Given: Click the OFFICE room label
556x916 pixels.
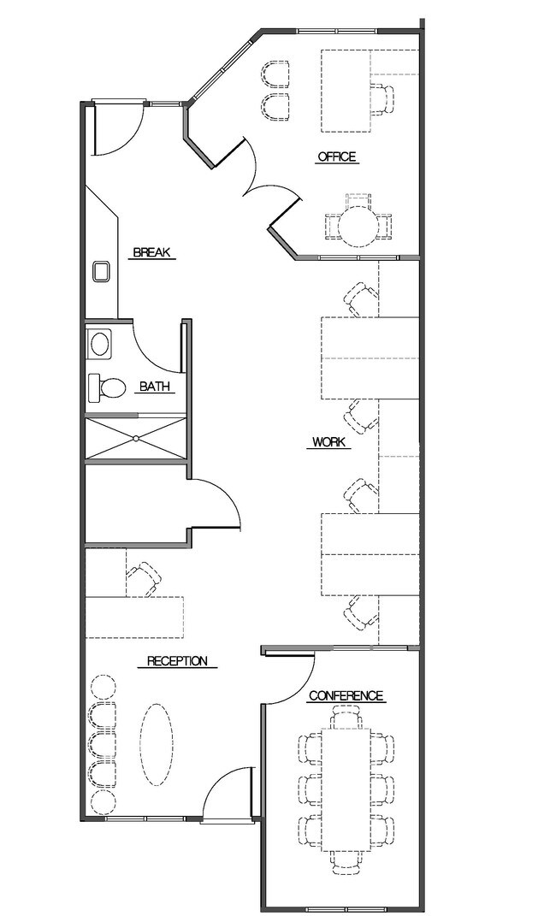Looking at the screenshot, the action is [336, 157].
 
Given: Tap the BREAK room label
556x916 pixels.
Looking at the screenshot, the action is [151, 252].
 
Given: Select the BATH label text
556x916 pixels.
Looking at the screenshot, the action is [155, 386].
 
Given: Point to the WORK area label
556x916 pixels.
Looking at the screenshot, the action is [328, 441].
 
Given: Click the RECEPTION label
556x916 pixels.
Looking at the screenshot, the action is [177, 661].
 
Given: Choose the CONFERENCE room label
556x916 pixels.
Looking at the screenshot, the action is [346, 695].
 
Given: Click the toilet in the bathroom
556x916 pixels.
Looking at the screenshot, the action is [107, 387].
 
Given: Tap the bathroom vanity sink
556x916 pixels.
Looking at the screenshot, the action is [100, 343].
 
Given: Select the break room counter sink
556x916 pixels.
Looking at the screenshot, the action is [102, 271].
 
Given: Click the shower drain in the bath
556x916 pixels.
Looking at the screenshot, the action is [135, 438].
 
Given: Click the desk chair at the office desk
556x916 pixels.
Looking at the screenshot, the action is [384, 98].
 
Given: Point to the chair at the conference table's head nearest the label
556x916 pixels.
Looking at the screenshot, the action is [346, 716].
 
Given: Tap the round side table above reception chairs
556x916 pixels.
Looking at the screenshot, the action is [104, 686].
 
